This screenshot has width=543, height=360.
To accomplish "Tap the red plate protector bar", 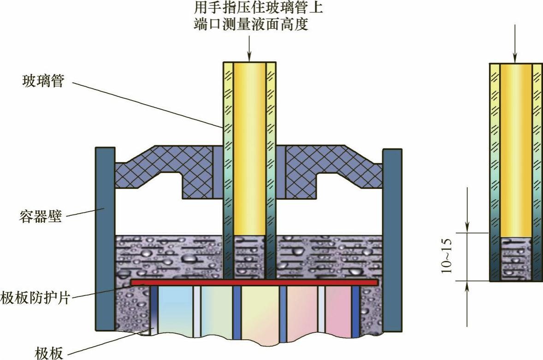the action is point(254,282).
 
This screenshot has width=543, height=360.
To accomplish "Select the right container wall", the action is point(392,240).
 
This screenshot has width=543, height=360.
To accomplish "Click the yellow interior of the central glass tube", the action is point(249,148).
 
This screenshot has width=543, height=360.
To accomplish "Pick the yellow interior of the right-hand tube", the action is point(515,148).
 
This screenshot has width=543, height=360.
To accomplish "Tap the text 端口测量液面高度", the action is point(251,24).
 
